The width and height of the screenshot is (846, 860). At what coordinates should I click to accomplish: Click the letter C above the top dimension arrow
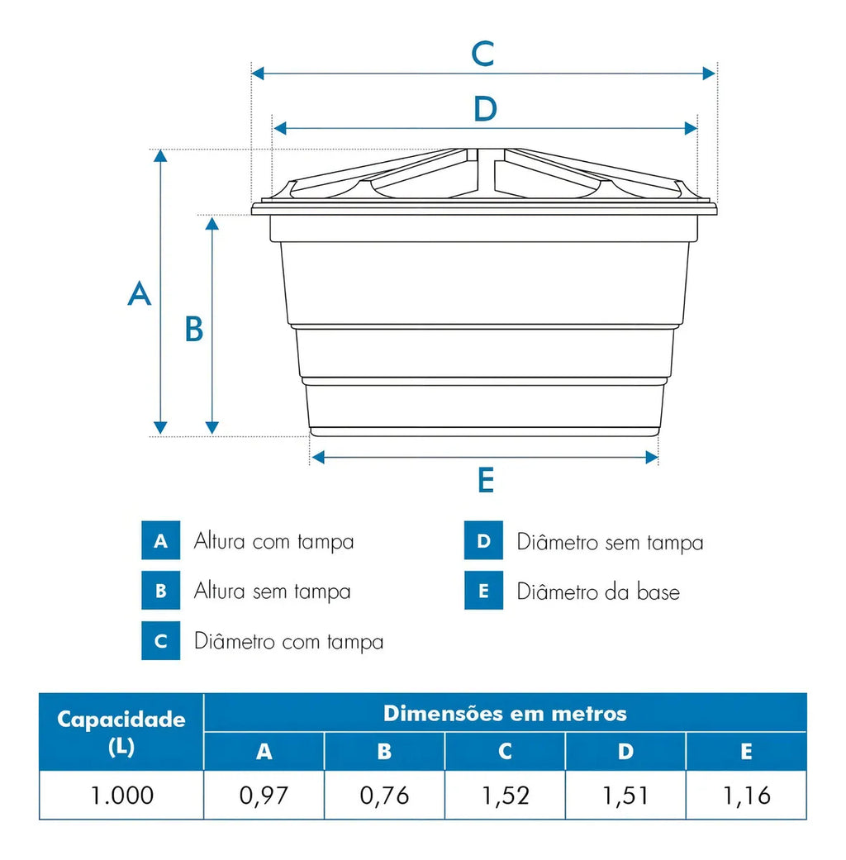point(482,54)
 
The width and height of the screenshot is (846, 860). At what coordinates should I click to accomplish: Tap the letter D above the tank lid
point(486,108)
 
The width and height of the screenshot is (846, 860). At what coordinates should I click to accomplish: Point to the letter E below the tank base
point(486,481)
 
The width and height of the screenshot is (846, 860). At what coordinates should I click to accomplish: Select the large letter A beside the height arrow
point(140,293)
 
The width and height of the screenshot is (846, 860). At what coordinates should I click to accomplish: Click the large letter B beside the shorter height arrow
point(193,329)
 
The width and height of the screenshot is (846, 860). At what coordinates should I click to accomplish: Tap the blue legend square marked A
point(161,540)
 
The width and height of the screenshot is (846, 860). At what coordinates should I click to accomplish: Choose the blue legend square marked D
point(483,540)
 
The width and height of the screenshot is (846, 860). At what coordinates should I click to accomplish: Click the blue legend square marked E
point(483,590)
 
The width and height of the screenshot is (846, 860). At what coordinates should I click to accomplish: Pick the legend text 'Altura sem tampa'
point(272,592)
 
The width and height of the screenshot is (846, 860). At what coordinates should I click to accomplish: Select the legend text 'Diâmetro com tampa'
point(288,642)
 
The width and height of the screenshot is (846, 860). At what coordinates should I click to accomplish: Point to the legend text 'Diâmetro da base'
point(598,592)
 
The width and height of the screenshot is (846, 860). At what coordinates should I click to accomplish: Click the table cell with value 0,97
point(264,796)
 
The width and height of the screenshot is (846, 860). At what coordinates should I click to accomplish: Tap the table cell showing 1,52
point(506,796)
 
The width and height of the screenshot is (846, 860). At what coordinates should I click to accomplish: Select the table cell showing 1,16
point(746,796)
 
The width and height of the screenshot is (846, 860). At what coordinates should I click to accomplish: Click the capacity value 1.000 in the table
point(121,796)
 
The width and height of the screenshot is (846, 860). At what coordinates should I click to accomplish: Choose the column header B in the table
point(385,752)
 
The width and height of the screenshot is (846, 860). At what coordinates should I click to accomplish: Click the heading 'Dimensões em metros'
point(505,714)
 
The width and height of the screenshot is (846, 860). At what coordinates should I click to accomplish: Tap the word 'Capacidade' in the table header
point(121,719)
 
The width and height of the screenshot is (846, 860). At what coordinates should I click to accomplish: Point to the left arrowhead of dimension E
point(318,457)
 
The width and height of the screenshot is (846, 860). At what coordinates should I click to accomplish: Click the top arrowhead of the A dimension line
point(160,156)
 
